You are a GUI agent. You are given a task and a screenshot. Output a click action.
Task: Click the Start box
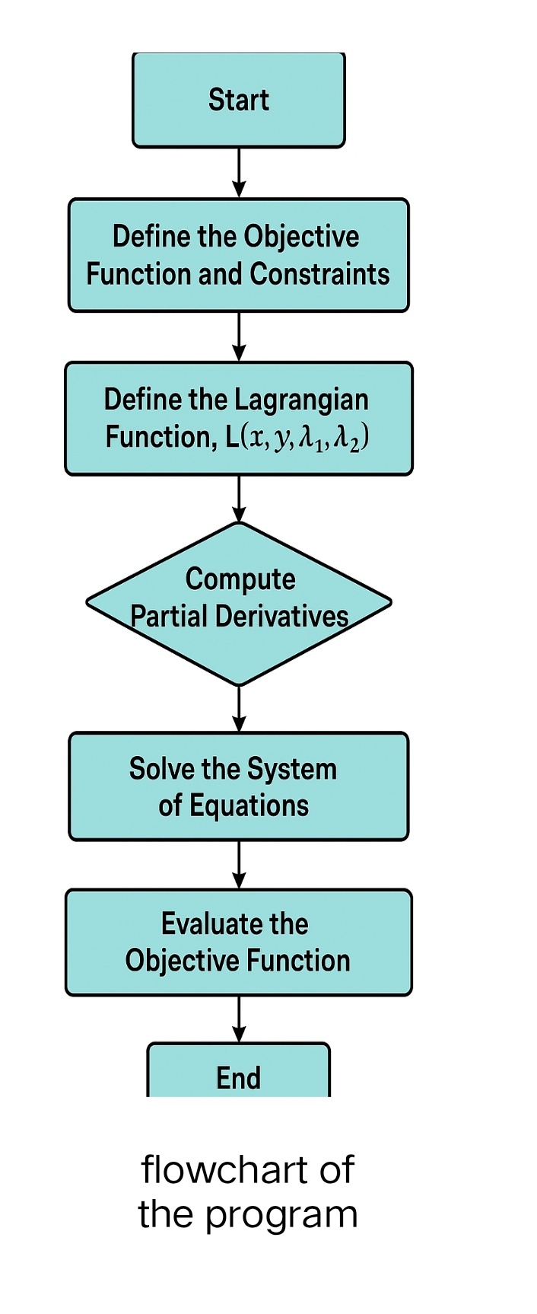pos(239,100)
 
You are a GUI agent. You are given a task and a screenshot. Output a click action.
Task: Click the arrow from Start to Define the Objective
pos(239,173)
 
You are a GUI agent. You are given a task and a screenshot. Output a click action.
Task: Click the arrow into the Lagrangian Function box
pos(239,336)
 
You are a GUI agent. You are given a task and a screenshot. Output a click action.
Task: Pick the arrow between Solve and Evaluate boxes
pos(239,865)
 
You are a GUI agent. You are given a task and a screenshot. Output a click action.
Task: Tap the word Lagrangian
pos(301,400)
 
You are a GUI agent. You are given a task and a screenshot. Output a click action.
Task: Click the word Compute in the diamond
pos(240,579)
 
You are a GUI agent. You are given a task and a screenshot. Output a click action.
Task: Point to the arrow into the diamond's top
pos(239,499)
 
